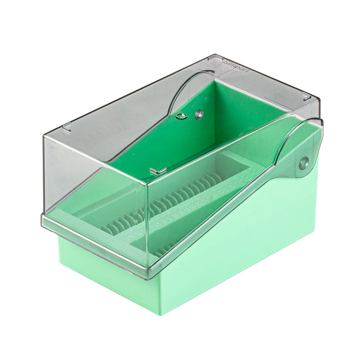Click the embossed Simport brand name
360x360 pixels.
236,66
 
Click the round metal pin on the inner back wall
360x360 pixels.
198,115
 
